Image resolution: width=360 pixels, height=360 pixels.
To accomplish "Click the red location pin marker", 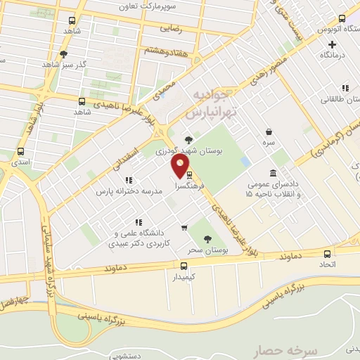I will pos(181,167).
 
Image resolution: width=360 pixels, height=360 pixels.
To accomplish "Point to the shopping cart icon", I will pos(184,227).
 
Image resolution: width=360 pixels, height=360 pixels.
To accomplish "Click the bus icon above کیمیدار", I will pos(184,266).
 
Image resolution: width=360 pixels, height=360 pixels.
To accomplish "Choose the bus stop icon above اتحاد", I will pos(327,253).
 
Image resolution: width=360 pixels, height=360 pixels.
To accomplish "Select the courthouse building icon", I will pos(273,173).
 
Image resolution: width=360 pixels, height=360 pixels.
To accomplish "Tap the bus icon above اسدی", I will pos(20,151).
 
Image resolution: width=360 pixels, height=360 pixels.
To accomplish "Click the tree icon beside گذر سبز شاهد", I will pos(64,53).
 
